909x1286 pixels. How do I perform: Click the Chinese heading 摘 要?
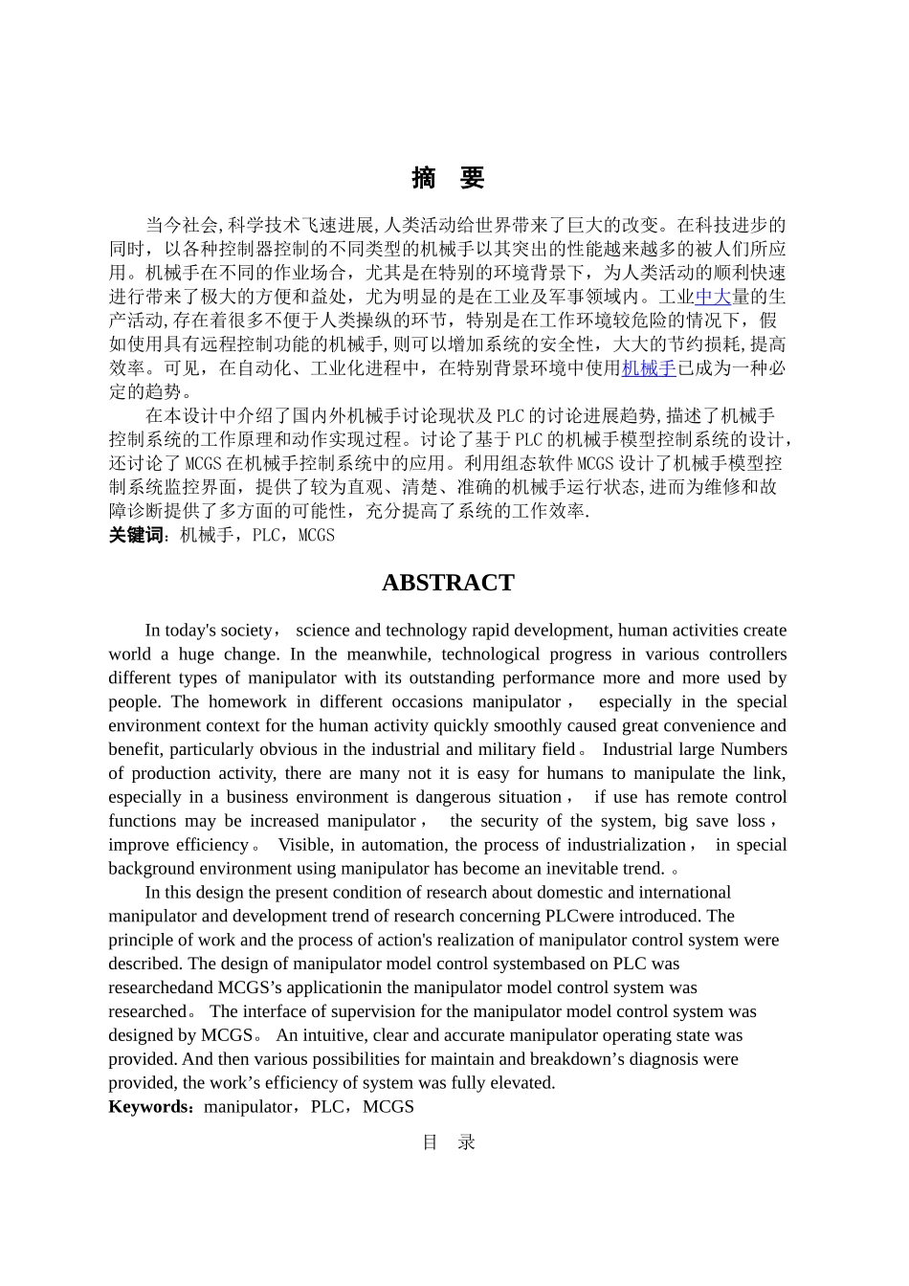click(x=448, y=178)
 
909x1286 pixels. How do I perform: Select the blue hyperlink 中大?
click(x=713, y=298)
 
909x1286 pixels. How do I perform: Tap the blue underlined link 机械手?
click(x=649, y=368)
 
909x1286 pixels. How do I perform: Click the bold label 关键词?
click(x=136, y=535)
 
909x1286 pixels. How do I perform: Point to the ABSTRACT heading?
click(x=448, y=583)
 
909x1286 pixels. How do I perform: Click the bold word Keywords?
click(x=150, y=1107)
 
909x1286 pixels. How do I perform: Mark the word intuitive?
click(x=331, y=1035)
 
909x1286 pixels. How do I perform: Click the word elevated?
click(x=523, y=1083)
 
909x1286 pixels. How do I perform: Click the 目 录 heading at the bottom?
click(x=448, y=1142)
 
